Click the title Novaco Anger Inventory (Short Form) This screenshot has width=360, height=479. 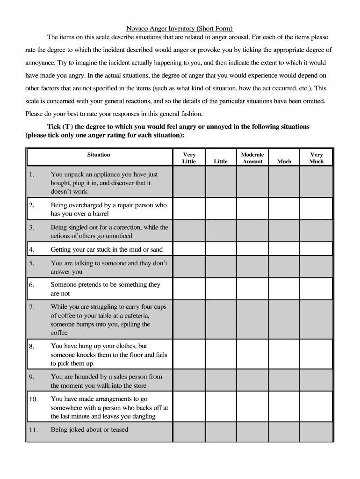coord(180,29)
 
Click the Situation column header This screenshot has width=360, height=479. coord(99,155)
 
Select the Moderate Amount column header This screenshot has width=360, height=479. coord(252,158)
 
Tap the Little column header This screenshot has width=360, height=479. coord(220,161)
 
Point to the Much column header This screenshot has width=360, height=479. coord(284,161)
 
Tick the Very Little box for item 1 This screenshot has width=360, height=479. coord(189,183)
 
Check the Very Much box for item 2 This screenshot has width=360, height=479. coord(316,209)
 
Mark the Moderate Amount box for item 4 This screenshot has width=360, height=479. coord(252,249)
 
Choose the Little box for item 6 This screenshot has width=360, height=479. coord(220,289)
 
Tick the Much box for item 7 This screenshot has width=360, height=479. coord(284,320)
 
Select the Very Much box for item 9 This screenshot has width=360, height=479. coord(316,381)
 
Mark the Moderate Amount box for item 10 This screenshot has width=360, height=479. coord(252,407)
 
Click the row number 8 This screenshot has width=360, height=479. coord(32,347)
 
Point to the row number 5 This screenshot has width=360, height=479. coord(32,263)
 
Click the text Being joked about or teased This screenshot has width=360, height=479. coord(89,429)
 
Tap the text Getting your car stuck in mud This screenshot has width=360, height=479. coord(107,250)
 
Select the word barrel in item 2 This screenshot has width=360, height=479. coord(99,214)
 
